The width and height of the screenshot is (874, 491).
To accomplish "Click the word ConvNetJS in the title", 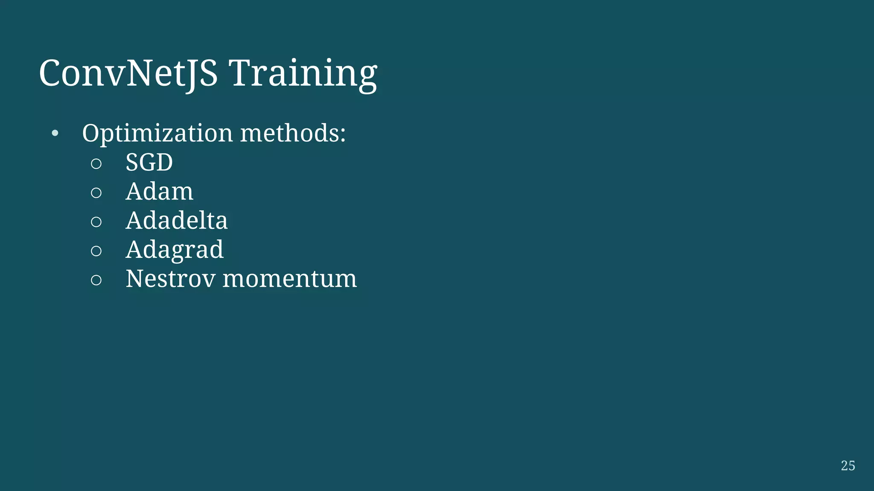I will tap(128, 73).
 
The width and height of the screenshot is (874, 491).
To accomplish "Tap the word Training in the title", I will tap(303, 73).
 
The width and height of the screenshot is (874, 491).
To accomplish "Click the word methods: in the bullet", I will tap(293, 133).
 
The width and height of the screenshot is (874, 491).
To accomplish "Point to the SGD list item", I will tap(149, 162).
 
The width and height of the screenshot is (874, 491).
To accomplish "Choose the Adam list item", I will tap(159, 191).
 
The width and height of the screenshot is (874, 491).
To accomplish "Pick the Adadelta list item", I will tap(176, 220).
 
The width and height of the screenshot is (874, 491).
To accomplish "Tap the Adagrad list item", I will tap(174, 249).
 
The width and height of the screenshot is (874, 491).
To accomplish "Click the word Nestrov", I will tap(170, 279).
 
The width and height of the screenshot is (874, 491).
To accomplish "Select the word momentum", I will tap(289, 279).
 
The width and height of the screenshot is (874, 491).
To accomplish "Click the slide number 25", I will tap(848, 465).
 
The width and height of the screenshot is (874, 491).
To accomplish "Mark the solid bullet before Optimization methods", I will tap(55, 133).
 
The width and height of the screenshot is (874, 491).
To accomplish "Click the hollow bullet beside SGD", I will tap(96, 164).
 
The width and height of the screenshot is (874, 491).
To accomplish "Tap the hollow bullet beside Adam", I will tap(96, 193).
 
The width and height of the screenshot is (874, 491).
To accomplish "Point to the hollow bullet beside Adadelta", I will tap(96, 222).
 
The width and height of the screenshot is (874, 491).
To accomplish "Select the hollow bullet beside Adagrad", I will tap(96, 251).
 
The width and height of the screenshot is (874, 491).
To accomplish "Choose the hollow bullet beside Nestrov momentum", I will tap(96, 280).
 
